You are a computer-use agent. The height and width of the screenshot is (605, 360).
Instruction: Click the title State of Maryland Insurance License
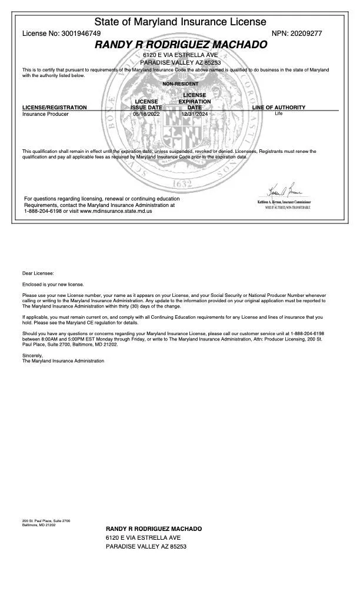tap(180, 22)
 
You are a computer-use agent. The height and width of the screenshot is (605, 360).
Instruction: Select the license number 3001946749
tap(81, 34)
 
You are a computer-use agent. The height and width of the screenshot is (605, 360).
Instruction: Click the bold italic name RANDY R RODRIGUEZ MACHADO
tap(181, 45)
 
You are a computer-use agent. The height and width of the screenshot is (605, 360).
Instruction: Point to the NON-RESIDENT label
tap(180, 84)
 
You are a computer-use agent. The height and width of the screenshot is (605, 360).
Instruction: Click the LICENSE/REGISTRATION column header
tap(54, 108)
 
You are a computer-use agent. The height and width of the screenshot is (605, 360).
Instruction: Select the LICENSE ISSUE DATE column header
tap(146, 105)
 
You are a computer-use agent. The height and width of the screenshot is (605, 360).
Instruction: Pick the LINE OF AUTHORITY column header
tap(278, 108)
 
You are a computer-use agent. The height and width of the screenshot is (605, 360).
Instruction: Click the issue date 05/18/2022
tap(146, 114)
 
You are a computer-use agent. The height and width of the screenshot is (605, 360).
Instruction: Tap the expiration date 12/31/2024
tap(195, 114)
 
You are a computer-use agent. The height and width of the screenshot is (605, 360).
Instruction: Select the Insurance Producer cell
tap(45, 114)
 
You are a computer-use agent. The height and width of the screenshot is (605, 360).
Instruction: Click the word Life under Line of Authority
tap(278, 113)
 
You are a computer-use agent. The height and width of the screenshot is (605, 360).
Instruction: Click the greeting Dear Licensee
tap(38, 273)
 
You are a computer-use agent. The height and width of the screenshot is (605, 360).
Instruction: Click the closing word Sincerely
tap(33, 355)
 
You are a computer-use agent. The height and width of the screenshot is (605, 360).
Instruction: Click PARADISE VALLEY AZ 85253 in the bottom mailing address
tap(146, 547)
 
